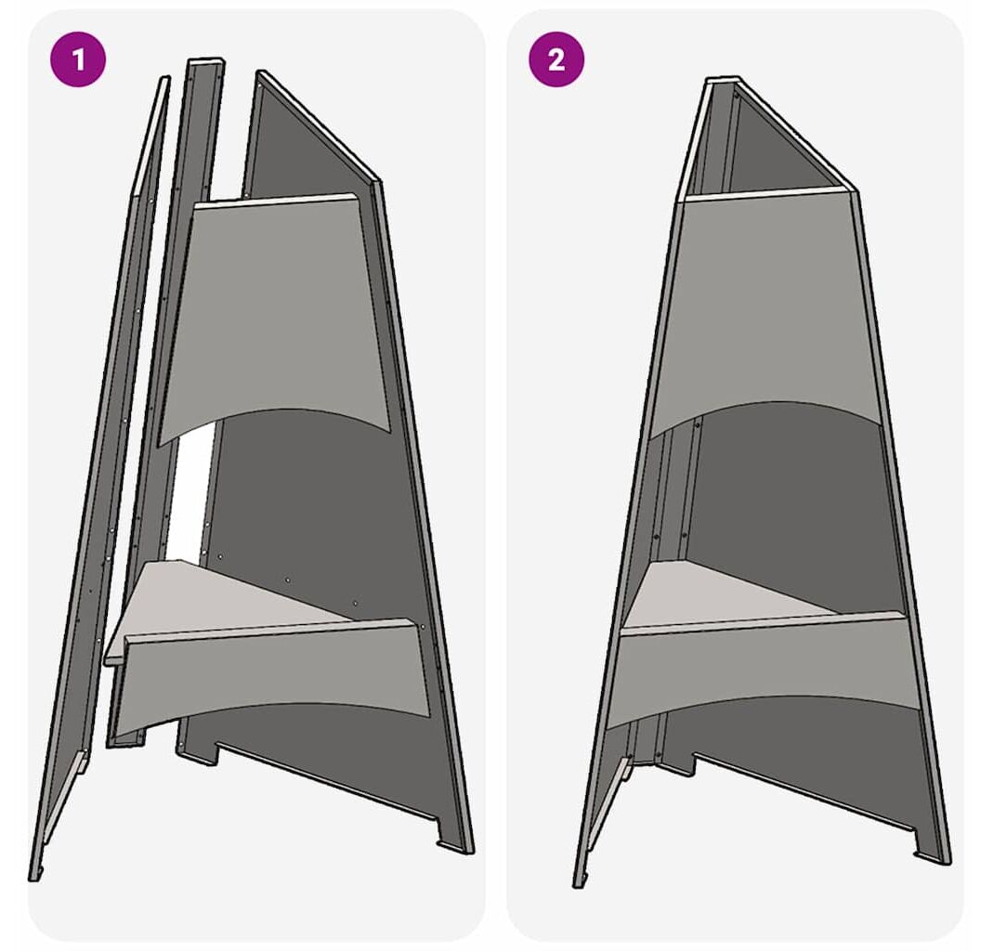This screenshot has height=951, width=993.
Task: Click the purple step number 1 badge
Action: click(78, 59)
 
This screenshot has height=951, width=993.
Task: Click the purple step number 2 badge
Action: click(556, 59)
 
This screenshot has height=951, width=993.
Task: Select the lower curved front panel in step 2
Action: click(764, 671)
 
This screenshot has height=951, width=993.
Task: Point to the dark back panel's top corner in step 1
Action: click(261, 72)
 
